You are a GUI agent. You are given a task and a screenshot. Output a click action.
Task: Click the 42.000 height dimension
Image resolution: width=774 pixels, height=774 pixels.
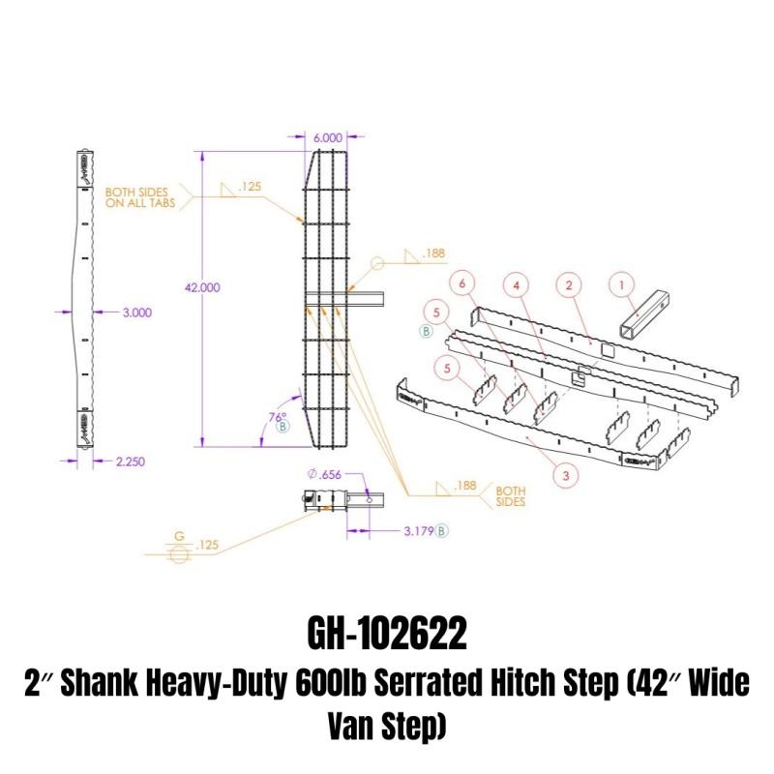coord(202,287)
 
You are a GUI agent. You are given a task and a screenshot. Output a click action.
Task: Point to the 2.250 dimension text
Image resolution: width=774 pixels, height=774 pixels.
coord(130,461)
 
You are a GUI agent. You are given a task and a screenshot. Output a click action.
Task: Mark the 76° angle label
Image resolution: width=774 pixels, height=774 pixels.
coord(278,417)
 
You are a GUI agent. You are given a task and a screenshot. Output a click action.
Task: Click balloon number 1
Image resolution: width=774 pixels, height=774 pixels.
coord(622,284)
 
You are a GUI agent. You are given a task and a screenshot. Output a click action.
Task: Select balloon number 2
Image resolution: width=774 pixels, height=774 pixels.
coord(569,284)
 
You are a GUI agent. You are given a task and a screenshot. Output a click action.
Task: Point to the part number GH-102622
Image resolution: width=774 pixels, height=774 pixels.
coord(387,636)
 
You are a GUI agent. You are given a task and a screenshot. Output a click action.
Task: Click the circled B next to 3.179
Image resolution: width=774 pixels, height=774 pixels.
coord(442,530)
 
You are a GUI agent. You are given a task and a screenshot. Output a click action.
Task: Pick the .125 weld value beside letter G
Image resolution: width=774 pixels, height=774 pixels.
coord(206,547)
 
